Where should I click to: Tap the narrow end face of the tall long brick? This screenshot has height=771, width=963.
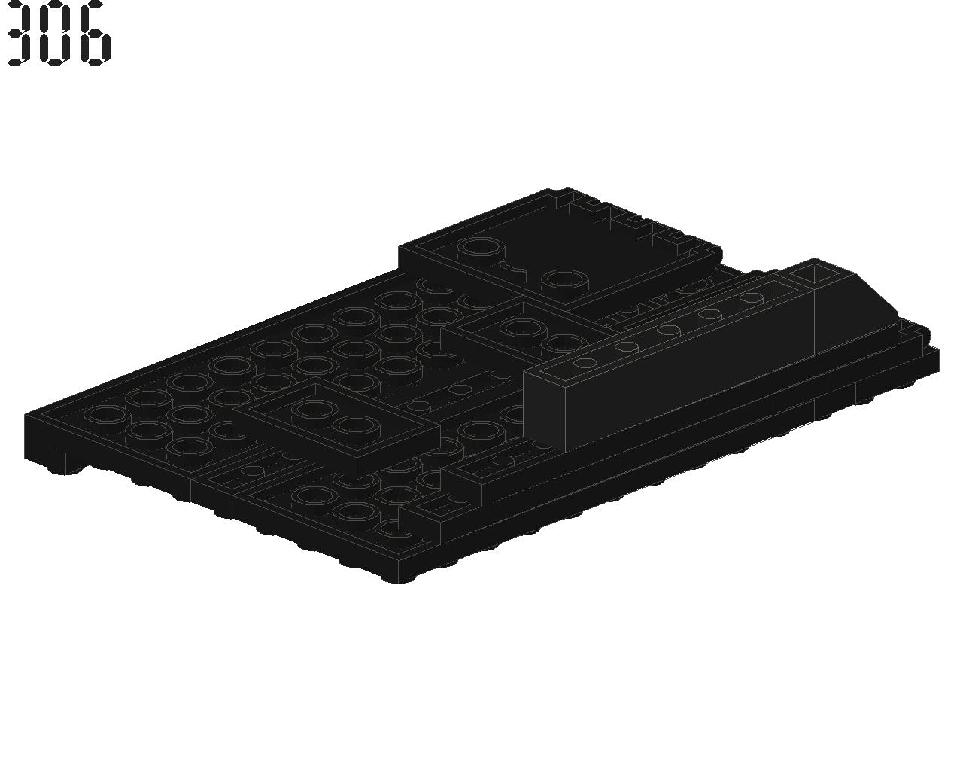(x=544, y=409)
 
